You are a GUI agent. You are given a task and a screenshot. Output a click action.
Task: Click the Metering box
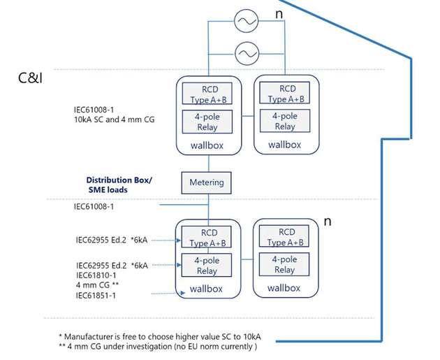click(x=206, y=183)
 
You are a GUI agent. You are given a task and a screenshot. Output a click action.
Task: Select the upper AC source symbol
click(x=246, y=21)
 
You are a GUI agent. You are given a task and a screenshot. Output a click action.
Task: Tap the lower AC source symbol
click(x=247, y=53)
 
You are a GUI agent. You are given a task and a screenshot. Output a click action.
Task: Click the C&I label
click(x=30, y=78)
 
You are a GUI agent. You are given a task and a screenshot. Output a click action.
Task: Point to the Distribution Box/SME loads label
click(x=119, y=185)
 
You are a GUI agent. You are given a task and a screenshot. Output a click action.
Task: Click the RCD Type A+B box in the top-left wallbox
click(x=207, y=94)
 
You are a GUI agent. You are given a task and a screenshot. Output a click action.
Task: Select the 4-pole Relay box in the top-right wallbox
click(x=285, y=121)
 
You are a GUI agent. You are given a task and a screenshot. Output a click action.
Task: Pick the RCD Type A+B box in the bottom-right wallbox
click(x=284, y=236)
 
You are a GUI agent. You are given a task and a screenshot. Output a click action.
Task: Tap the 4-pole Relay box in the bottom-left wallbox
click(x=207, y=265)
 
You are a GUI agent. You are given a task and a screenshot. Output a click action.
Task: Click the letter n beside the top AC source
click(x=279, y=14)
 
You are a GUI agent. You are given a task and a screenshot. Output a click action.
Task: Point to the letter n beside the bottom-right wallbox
click(x=328, y=222)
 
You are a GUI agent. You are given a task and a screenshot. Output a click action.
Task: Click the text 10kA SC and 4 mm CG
click(x=115, y=120)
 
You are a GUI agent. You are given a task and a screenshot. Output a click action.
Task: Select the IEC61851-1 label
click(x=96, y=296)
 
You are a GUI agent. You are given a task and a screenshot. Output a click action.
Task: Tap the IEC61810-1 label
click(x=96, y=275)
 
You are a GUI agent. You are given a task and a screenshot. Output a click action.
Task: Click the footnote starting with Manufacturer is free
click(x=160, y=336)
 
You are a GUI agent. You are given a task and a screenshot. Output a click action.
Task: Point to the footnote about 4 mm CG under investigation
click(x=158, y=346)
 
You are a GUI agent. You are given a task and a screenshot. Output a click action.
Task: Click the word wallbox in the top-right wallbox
click(x=284, y=145)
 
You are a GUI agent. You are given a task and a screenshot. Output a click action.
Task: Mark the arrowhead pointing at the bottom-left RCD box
click(x=178, y=240)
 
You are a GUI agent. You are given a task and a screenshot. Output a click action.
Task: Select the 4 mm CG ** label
click(x=97, y=285)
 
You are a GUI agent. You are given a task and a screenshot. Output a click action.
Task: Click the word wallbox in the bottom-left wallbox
click(x=206, y=289)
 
